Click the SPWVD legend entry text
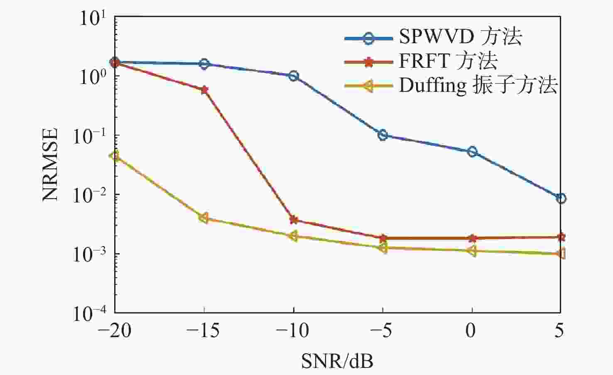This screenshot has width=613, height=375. [460, 37]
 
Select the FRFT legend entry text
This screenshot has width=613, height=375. [448, 61]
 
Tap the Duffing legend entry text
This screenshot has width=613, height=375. [478, 86]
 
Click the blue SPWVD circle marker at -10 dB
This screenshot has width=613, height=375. [294, 76]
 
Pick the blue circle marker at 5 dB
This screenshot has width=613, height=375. [561, 198]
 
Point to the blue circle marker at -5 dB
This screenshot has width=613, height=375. [383, 135]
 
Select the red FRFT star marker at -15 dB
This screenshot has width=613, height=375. [204, 90]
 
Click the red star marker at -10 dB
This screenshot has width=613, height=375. [294, 220]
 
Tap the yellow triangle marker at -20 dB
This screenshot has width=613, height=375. [115, 156]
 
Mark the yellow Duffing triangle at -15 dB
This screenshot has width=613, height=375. [204, 218]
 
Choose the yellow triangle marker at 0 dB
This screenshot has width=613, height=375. [471, 251]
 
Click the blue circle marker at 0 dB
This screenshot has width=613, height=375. [472, 152]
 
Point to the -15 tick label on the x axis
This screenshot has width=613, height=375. [203, 331]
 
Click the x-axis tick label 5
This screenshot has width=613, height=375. [559, 331]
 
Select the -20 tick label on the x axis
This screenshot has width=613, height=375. [114, 331]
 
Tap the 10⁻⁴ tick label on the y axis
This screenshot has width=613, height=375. [89, 313]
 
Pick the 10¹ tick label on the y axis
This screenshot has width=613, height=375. [93, 18]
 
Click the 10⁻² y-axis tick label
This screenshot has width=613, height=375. [89, 195]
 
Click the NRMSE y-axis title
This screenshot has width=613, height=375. [51, 165]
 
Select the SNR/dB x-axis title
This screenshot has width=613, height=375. [337, 361]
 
